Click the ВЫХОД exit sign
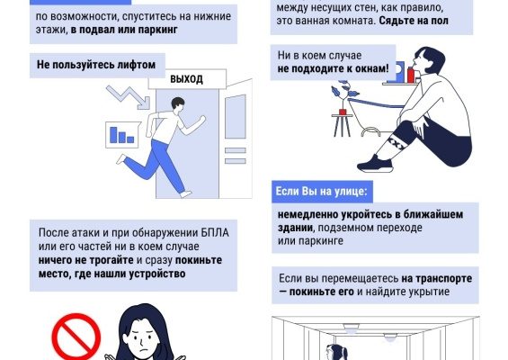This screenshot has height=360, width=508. [187, 79]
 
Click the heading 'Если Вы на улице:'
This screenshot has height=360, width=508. [322, 192]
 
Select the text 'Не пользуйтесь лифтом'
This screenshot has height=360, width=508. [96, 65]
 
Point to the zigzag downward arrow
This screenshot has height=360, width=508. [129, 97]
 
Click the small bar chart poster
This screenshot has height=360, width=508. [122, 134]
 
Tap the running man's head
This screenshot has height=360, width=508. [177, 104]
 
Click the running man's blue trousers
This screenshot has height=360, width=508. [155, 165]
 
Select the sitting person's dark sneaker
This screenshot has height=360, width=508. [375, 164]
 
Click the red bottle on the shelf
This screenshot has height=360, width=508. [411, 75]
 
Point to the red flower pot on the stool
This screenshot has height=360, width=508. [343, 112]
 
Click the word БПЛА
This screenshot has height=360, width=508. [215, 233]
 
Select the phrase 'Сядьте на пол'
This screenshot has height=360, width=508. [414, 21]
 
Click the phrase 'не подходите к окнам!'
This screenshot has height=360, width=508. [333, 68]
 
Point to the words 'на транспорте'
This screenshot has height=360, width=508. [437, 279]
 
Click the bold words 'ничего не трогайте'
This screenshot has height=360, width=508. [85, 260]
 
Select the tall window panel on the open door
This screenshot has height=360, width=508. [236, 117]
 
